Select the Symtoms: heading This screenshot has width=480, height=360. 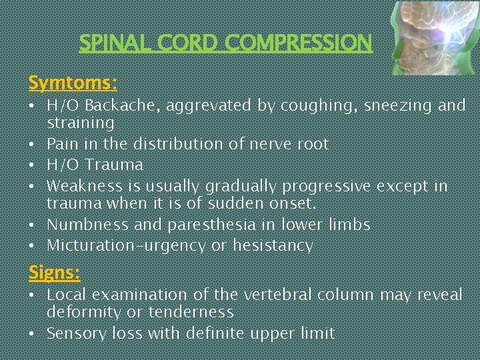[x=73, y=83]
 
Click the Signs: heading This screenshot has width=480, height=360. [x=54, y=272]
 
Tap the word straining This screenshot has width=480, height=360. [x=81, y=123]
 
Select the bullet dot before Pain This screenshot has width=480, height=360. [x=33, y=144]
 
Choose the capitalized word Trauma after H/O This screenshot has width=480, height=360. [x=114, y=165]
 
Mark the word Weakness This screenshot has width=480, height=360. [x=84, y=185]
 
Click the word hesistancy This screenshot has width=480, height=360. [x=273, y=246]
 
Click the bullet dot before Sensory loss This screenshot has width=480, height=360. [x=33, y=333]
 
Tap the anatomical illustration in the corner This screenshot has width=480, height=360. [x=434, y=37]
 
